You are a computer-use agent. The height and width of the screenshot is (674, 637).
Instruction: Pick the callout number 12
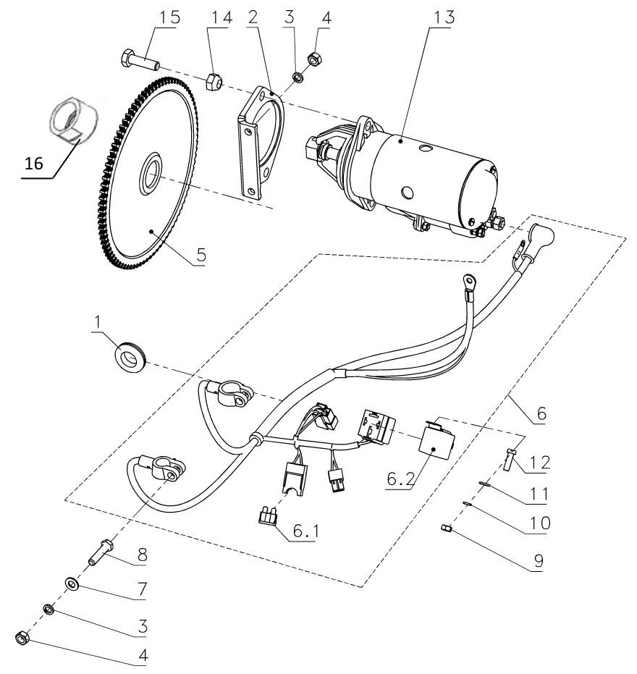(x=539, y=461)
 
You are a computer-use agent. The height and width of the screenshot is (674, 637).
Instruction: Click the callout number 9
(x=537, y=559)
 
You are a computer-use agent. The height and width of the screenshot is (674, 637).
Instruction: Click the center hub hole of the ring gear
(x=151, y=174)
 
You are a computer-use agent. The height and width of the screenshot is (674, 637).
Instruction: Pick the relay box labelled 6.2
(x=436, y=442)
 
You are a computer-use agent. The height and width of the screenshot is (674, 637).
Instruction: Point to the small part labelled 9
(x=447, y=534)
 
